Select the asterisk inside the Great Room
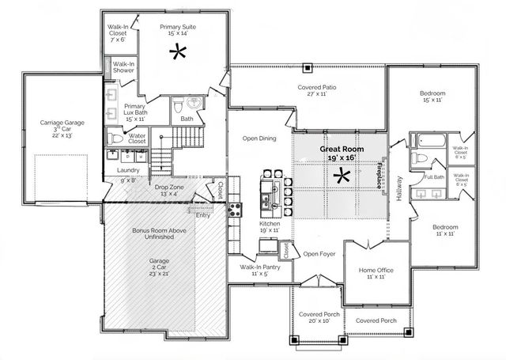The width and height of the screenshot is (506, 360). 343,176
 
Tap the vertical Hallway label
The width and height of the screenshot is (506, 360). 399,188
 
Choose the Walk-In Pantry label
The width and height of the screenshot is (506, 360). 251,270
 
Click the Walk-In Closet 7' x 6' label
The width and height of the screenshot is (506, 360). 119,32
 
